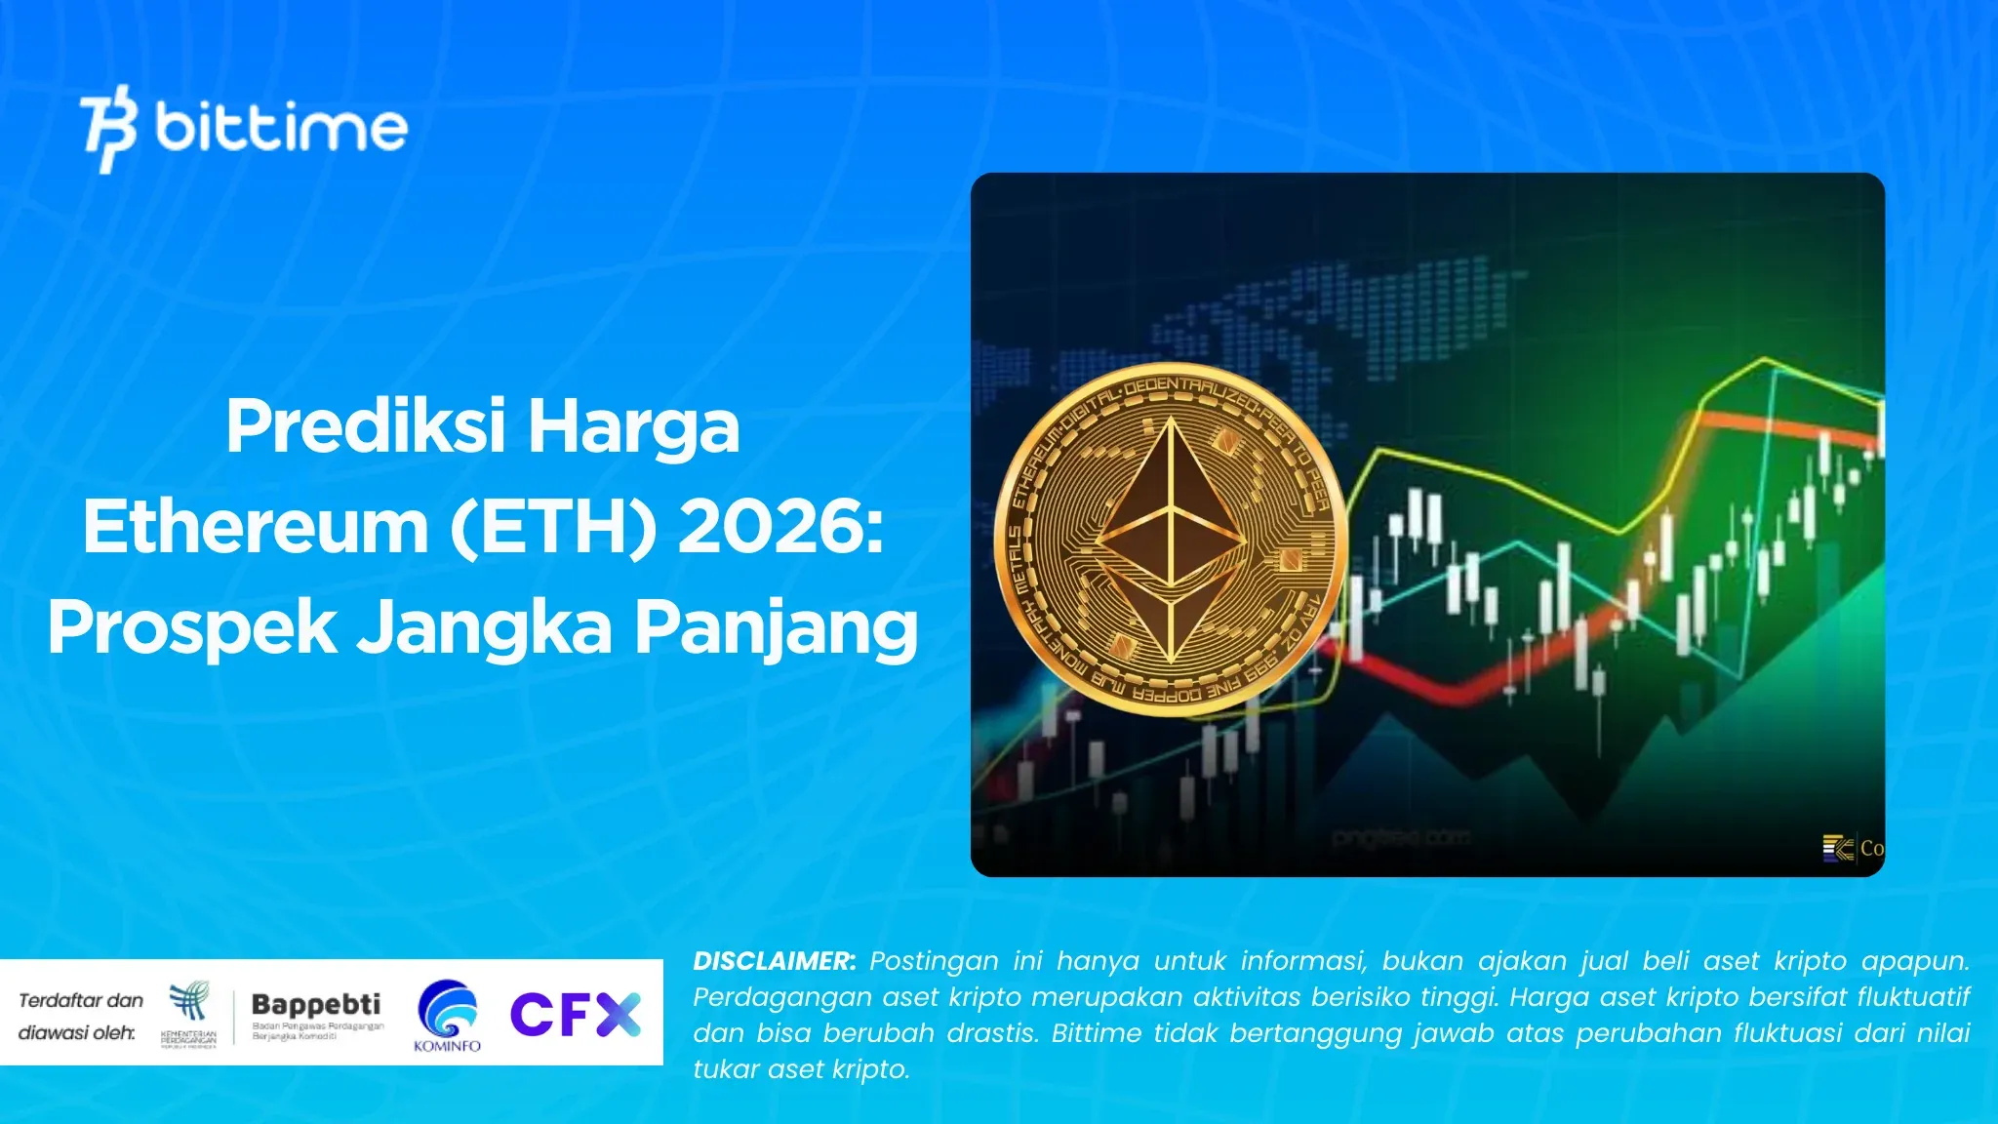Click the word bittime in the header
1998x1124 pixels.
[x=281, y=128]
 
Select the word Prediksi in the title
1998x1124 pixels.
[x=366, y=426]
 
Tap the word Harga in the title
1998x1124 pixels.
[x=634, y=426]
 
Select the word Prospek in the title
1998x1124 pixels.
[x=192, y=627]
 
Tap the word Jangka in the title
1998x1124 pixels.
[x=485, y=627]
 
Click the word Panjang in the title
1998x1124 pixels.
[x=777, y=627]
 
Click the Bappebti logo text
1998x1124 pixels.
[x=316, y=1004]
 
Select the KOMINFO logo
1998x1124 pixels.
[x=448, y=1016]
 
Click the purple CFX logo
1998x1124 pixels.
[x=575, y=1014]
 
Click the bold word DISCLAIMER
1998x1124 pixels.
[x=774, y=961]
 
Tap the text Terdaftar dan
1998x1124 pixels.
[x=81, y=1000]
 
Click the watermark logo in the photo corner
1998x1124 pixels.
[x=1839, y=848]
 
